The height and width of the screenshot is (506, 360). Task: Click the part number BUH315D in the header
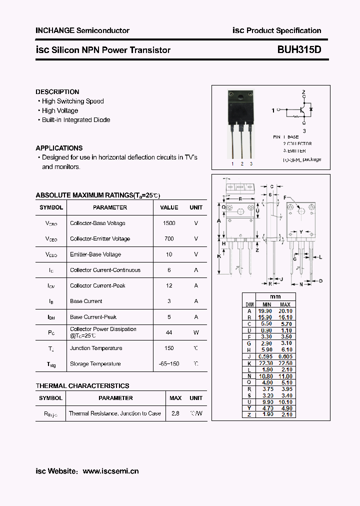299,50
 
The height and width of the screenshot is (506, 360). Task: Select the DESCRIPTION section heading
57,92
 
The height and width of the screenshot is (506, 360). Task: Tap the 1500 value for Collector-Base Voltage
169,223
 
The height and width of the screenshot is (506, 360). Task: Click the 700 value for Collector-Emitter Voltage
169,238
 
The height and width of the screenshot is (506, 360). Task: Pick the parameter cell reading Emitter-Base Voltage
95,254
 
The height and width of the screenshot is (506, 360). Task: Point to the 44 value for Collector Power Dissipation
169,332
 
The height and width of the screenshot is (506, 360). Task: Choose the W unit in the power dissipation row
196,332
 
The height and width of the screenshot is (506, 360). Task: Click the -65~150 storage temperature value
169,363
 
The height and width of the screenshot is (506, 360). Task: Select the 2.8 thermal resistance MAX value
175,413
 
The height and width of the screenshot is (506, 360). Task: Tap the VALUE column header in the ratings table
169,207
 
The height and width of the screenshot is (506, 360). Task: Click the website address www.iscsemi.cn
110,471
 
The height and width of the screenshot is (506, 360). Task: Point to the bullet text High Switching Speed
73,101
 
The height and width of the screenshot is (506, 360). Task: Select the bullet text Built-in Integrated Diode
76,120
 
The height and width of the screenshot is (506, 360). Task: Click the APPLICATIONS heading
59,148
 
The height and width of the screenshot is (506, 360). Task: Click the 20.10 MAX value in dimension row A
285,311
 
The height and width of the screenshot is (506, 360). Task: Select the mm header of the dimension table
275,297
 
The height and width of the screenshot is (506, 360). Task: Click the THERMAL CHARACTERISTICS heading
82,386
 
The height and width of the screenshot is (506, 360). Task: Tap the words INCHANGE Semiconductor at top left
82,30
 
